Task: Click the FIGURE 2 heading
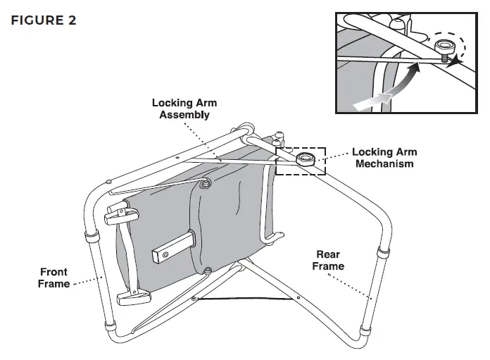[43, 20]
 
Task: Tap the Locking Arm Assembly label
[184, 108]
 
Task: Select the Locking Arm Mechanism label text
[384, 157]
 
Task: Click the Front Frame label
[54, 278]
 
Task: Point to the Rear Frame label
[328, 260]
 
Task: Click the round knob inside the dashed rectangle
[306, 158]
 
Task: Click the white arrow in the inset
[373, 101]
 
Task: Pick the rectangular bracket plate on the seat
[172, 244]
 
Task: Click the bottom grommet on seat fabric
[207, 271]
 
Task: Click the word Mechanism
[384, 163]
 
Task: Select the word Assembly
[184, 114]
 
